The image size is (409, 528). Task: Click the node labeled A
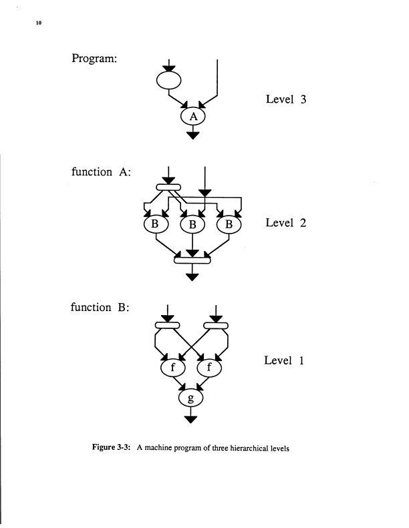coord(193,116)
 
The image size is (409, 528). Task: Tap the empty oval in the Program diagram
coord(168,80)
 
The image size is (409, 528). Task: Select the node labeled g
coord(191,399)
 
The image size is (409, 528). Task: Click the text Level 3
coord(285,99)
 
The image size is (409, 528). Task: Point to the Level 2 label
coord(285,222)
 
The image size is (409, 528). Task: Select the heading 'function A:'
coord(100,172)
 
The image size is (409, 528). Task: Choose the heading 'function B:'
coord(100,308)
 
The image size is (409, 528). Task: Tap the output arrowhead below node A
coord(193,134)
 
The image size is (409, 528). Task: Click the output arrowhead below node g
coord(192,419)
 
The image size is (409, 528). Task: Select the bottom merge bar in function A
coord(192,260)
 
